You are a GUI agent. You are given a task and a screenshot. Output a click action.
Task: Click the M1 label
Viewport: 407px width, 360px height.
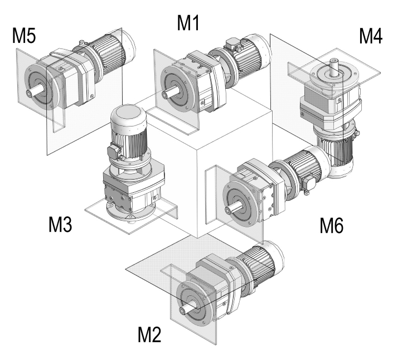pyautogui.click(x=189, y=23)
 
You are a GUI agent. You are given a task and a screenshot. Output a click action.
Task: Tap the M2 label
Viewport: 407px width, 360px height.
pyautogui.click(x=149, y=335)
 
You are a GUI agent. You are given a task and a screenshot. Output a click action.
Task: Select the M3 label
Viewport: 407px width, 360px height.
pyautogui.click(x=60, y=225)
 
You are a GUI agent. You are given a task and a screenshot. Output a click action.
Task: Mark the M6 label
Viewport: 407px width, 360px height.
pyautogui.click(x=332, y=225)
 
